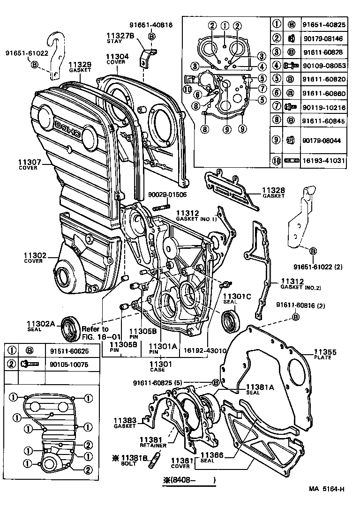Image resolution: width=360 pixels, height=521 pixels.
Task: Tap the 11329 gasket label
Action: click(x=80, y=65)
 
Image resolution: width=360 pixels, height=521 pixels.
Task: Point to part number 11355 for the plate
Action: click(x=325, y=352)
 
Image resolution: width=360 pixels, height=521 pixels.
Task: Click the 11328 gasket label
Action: click(x=273, y=190)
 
